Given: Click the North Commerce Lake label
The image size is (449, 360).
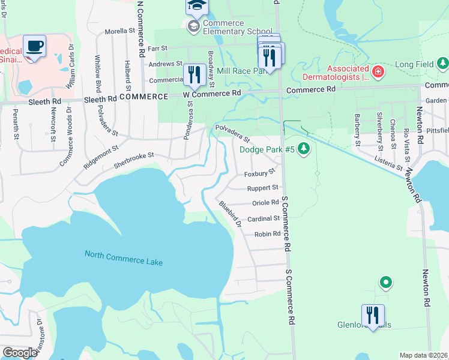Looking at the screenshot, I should [124, 258].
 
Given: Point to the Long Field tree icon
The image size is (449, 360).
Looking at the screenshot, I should [442, 63].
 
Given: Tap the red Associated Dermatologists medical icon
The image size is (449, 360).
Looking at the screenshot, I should [378, 73].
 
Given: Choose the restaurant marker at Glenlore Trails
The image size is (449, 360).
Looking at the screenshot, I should [373, 315].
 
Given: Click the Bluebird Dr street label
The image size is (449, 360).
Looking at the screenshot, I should [230, 215].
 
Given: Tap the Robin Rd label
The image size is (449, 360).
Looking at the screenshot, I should [267, 234].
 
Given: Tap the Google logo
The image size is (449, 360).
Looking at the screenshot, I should [20, 353].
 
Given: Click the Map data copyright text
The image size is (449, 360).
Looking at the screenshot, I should [424, 355].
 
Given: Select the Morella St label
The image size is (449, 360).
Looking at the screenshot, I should [121, 31].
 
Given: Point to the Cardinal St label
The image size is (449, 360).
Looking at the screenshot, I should [264, 219].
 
